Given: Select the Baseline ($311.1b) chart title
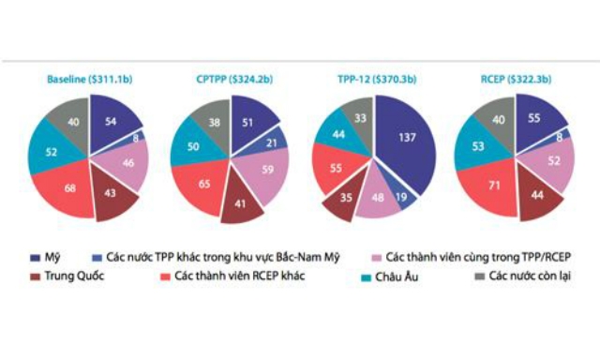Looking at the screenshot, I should click(91, 80).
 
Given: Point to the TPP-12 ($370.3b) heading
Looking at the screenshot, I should click(372, 80).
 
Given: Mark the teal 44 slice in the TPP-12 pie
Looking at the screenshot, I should click(340, 135).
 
